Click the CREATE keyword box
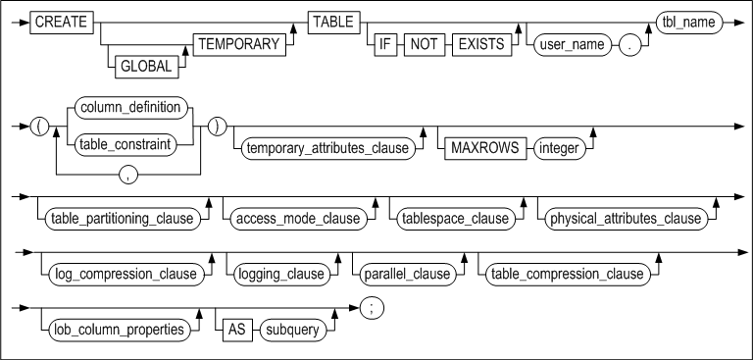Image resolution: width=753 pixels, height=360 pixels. pos(56,21)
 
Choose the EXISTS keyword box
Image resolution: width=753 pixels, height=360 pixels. pos(484,45)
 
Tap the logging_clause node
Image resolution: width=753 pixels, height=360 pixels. pos(270,273)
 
